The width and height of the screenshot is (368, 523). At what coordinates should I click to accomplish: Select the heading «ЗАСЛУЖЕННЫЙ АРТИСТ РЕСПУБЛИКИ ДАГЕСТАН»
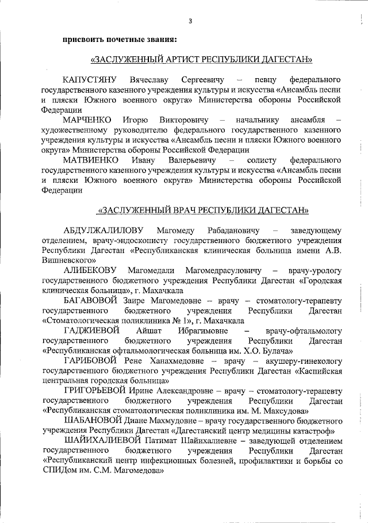[x=202, y=59]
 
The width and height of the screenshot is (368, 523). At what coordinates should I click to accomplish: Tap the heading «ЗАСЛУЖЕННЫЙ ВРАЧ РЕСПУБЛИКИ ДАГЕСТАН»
[x=204, y=210]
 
